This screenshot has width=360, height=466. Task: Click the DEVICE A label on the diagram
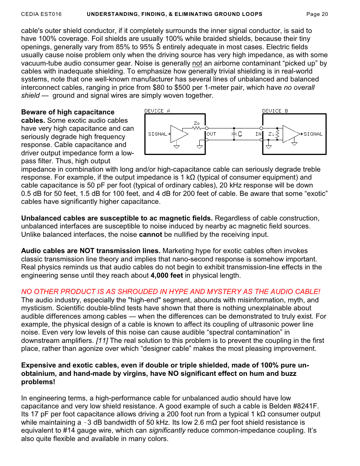coord(157,111)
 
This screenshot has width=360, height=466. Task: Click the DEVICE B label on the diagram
coord(275,111)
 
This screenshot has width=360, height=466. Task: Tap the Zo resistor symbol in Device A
coord(197,128)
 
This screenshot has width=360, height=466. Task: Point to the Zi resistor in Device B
coord(277,134)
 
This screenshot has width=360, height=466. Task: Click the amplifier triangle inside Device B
coord(291,134)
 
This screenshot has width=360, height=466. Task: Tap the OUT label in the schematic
coord(211,134)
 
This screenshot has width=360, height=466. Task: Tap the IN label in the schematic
coord(258,134)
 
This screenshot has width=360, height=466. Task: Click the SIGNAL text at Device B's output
coord(313,134)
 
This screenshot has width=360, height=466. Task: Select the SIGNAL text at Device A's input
coord(158,134)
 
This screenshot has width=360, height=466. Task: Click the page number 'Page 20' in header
coord(317,14)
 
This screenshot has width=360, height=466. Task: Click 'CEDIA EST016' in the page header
coord(41,14)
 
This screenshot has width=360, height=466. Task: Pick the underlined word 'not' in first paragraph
coord(197,63)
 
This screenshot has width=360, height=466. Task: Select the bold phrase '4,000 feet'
coord(167,275)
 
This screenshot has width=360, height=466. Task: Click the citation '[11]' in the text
coord(102,341)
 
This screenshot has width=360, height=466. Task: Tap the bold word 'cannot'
coord(150,235)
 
